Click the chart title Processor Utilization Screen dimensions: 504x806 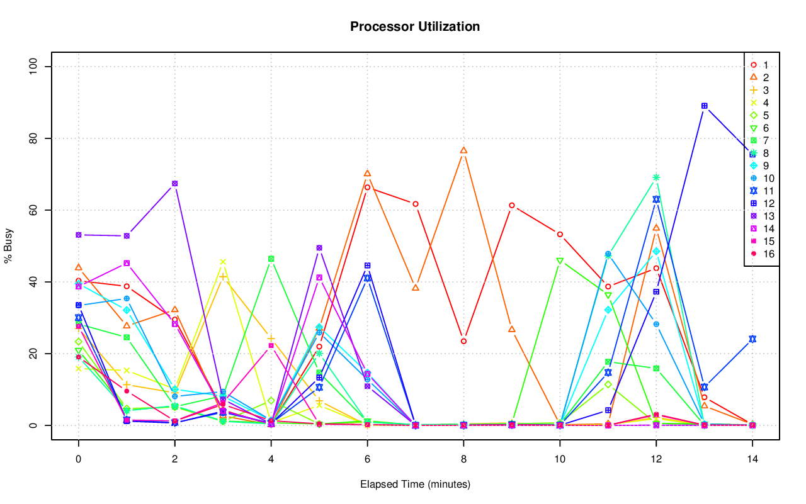coord(415,27)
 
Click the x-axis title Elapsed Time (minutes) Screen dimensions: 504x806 coord(415,484)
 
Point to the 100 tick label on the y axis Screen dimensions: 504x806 coord(35,67)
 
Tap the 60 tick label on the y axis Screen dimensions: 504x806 coord(35,210)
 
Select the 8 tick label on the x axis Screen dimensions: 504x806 coord(463,459)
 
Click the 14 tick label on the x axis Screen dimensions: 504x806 coord(752,459)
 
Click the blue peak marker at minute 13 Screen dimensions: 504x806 coord(704,106)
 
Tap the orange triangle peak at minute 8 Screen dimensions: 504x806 coord(463,150)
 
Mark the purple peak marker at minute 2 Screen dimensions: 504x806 coord(174,184)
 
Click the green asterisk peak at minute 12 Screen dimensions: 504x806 coord(656,177)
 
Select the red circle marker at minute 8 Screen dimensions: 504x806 coord(463,341)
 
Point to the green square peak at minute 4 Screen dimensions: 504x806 coord(271,259)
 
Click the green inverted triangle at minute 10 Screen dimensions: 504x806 coord(560,260)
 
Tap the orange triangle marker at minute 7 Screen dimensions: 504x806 coord(416,288)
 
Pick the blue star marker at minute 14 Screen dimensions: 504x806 coord(752,339)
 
